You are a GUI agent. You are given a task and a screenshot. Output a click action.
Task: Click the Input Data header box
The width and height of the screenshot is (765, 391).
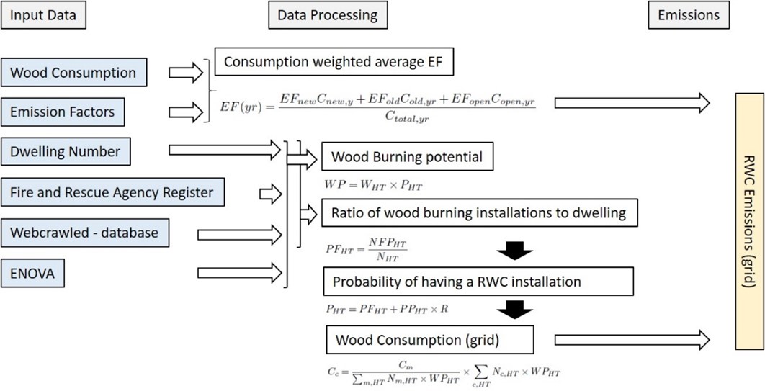43,15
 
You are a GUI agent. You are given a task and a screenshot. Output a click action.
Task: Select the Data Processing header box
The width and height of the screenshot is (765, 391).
328,15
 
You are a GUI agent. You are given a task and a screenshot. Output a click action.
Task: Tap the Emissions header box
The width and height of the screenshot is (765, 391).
689,15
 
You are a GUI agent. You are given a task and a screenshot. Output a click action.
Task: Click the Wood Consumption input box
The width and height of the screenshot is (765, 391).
73,73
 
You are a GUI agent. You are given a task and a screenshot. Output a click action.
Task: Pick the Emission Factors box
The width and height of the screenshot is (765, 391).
63,112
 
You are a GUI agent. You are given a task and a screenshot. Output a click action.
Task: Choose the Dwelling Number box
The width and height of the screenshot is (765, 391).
66,151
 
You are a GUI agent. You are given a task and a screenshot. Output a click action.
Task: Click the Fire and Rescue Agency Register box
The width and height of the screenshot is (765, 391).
112,192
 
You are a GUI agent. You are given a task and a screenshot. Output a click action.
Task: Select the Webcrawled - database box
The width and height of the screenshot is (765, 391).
85,233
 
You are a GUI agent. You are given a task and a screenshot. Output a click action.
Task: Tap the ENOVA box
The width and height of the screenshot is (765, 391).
32,273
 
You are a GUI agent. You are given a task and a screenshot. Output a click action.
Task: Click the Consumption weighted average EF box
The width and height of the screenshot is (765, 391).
334,62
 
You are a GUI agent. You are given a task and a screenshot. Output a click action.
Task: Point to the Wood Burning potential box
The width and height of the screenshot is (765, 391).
408,157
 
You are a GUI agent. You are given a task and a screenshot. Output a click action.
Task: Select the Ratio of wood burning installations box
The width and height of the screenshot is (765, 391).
480,212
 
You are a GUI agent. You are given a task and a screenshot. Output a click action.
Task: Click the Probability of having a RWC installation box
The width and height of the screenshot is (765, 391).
478,282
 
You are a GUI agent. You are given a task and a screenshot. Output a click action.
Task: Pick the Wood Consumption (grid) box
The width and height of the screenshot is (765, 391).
429,340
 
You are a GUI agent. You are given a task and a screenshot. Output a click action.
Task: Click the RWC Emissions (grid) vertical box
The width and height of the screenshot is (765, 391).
749,221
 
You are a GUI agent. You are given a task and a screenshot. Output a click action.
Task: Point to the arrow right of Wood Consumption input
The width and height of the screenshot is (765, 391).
186,73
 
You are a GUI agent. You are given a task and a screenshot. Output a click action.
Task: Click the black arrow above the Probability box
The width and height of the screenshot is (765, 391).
515,251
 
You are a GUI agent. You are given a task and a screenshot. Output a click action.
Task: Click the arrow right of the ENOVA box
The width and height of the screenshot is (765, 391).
240,273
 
